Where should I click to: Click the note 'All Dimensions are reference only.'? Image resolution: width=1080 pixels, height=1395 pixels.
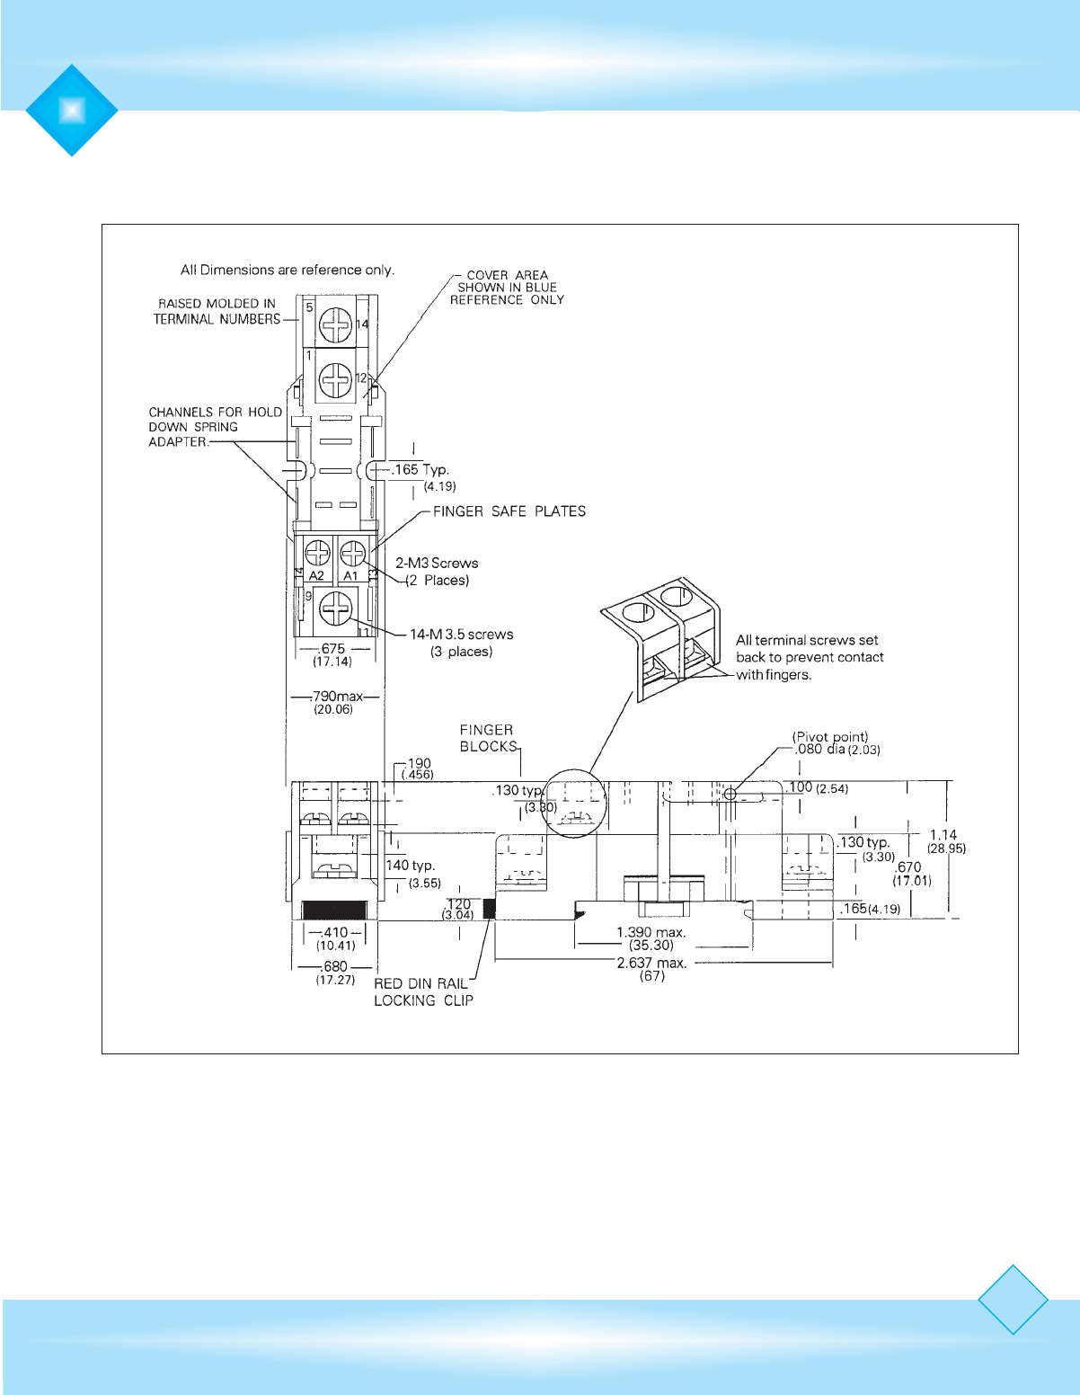pyautogui.click(x=287, y=270)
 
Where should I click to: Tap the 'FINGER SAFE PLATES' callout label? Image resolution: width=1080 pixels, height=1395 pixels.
pyautogui.click(x=509, y=511)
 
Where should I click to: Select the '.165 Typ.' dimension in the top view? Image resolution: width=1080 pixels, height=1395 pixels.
pyautogui.click(x=420, y=469)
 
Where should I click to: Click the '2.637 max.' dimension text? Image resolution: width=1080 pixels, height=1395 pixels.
pyautogui.click(x=651, y=963)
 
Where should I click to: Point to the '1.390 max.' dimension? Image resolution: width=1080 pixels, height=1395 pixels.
pyautogui.click(x=651, y=932)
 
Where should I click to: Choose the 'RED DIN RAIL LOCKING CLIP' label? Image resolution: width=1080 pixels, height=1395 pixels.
pyautogui.click(x=423, y=992)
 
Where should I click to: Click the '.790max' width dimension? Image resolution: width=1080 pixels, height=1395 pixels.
pyautogui.click(x=337, y=697)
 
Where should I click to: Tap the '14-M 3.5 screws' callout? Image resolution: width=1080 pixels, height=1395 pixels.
pyautogui.click(x=461, y=635)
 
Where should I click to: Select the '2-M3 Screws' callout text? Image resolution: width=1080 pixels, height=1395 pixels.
pyautogui.click(x=437, y=564)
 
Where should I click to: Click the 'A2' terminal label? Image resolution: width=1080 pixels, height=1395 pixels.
pyautogui.click(x=316, y=576)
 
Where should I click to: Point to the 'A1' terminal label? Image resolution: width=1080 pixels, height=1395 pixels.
pyautogui.click(x=350, y=576)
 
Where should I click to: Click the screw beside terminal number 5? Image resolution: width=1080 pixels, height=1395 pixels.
pyautogui.click(x=336, y=325)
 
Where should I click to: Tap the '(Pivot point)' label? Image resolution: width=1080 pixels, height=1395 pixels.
pyautogui.click(x=829, y=737)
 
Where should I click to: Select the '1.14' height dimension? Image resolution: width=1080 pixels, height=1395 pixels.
pyautogui.click(x=943, y=835)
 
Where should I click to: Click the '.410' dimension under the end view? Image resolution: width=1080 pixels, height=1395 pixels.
pyautogui.click(x=335, y=933)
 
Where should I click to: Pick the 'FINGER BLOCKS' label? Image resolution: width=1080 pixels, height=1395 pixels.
pyautogui.click(x=488, y=738)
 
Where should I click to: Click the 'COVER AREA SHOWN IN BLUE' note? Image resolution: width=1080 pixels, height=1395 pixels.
pyautogui.click(x=507, y=288)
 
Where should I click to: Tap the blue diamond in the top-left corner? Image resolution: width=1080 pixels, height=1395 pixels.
pyautogui.click(x=72, y=110)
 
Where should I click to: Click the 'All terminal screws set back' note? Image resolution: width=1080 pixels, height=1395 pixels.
pyautogui.click(x=809, y=657)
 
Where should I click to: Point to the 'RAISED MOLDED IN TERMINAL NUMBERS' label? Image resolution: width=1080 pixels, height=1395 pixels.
pyautogui.click(x=217, y=311)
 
